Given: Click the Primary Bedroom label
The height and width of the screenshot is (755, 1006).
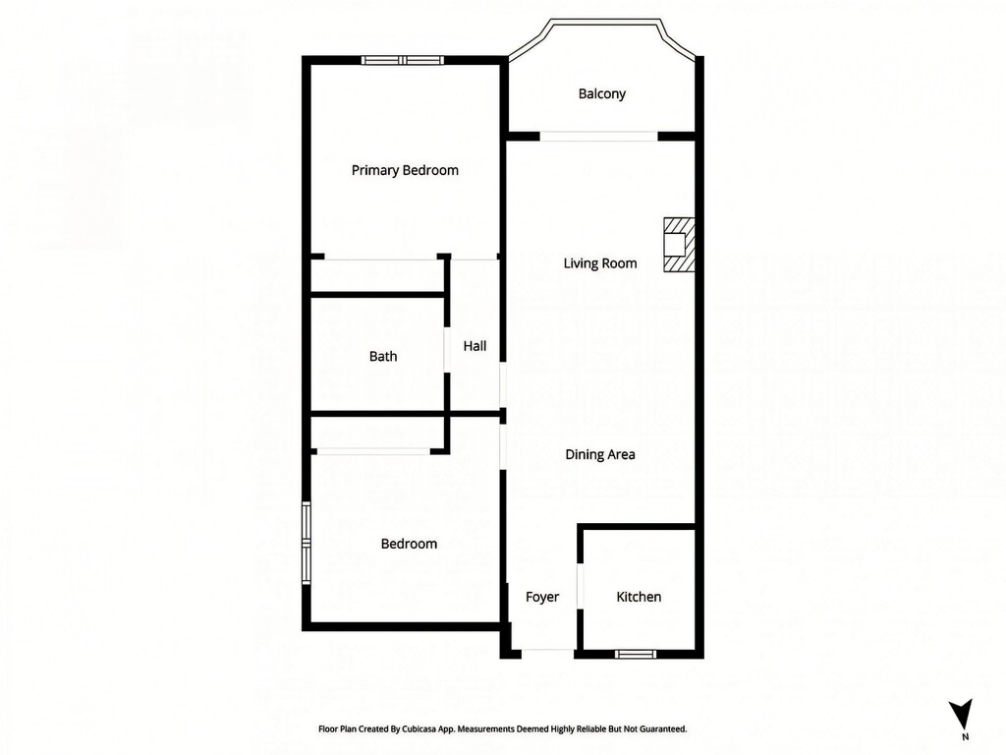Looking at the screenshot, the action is [405, 171].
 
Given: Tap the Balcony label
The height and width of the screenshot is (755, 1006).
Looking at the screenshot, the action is [602, 94].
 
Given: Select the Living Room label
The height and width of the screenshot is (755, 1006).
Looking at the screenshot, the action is [600, 263].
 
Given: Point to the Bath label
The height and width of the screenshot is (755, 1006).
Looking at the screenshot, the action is [383, 356].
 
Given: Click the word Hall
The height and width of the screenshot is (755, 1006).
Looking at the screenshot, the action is [475, 346].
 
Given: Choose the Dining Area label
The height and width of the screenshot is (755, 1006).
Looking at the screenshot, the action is [600, 454].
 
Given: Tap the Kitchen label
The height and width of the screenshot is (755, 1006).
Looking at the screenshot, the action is [639, 597].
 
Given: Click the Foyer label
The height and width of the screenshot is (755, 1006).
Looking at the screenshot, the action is [542, 597].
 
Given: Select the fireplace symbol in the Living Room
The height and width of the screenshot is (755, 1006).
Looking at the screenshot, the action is [679, 245].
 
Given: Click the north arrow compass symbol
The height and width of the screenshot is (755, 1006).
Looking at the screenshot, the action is [961, 713].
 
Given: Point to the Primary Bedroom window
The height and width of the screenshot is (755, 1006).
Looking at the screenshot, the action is [402, 60].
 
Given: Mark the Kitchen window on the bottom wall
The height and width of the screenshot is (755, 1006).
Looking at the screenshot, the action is [636, 654].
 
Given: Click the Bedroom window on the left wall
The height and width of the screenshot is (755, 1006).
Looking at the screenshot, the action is [307, 543].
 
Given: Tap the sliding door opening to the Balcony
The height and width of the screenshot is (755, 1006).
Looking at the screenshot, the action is [598, 136].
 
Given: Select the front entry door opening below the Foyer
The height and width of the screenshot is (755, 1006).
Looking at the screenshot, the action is [547, 654].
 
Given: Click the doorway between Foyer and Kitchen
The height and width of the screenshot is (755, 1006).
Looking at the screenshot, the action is [580, 586].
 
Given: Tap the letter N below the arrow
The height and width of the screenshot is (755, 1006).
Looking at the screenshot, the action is [965, 737].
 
